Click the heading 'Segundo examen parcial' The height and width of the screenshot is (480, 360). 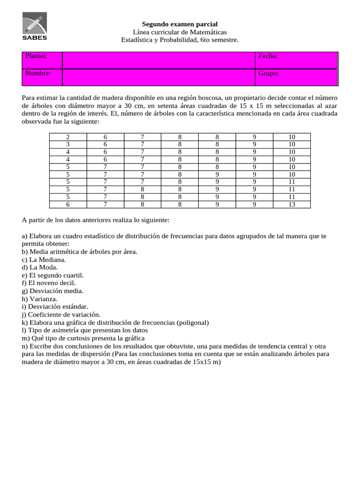pyautogui.click(x=180, y=24)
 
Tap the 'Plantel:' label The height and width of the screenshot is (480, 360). pyautogui.click(x=36, y=56)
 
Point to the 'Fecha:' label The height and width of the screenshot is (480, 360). pyautogui.click(x=268, y=56)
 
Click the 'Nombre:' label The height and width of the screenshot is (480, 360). pyautogui.click(x=38, y=74)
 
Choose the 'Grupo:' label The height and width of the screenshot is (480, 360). pyautogui.click(x=269, y=74)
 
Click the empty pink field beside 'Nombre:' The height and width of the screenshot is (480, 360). pyautogui.click(x=158, y=77)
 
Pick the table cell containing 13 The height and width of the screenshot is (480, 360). pyautogui.click(x=291, y=204)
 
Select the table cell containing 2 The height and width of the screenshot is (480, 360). pyautogui.click(x=67, y=137)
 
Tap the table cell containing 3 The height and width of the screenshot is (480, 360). pyautogui.click(x=67, y=144)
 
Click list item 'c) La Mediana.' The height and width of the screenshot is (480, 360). pyautogui.click(x=44, y=259)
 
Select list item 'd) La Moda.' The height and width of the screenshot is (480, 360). pyautogui.click(x=40, y=267)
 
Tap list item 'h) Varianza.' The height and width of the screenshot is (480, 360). pyautogui.click(x=40, y=299)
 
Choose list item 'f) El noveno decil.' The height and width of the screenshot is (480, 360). pyautogui.click(x=49, y=283)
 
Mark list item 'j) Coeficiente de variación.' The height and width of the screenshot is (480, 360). pyautogui.click(x=61, y=315)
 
